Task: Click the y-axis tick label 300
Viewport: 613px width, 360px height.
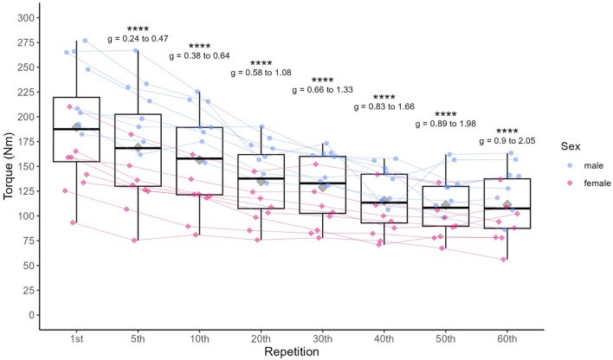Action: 26,17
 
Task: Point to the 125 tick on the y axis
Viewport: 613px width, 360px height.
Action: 26,191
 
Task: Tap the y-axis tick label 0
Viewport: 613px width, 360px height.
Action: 32,315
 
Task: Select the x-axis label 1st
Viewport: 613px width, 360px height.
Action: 76,339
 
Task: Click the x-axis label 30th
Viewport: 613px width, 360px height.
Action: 323,339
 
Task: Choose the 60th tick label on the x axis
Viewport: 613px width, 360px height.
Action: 507,339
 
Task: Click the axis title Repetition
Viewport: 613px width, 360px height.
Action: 292,352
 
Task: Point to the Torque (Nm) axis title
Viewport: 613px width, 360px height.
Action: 8,166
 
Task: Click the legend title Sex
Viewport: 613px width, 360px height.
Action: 571,146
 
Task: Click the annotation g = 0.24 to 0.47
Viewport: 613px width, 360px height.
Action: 138,39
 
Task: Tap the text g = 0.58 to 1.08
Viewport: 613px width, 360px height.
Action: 261,73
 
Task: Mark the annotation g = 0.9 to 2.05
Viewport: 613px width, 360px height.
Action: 507,141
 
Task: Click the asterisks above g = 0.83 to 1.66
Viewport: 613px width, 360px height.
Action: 384,97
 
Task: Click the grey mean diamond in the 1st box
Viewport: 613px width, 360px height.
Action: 76,127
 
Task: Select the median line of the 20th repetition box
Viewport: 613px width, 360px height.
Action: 261,178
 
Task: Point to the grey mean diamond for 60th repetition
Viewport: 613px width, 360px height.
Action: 507,204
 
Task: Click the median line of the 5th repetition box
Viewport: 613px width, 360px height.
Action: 138,148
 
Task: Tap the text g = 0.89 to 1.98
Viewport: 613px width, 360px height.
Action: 446,124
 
